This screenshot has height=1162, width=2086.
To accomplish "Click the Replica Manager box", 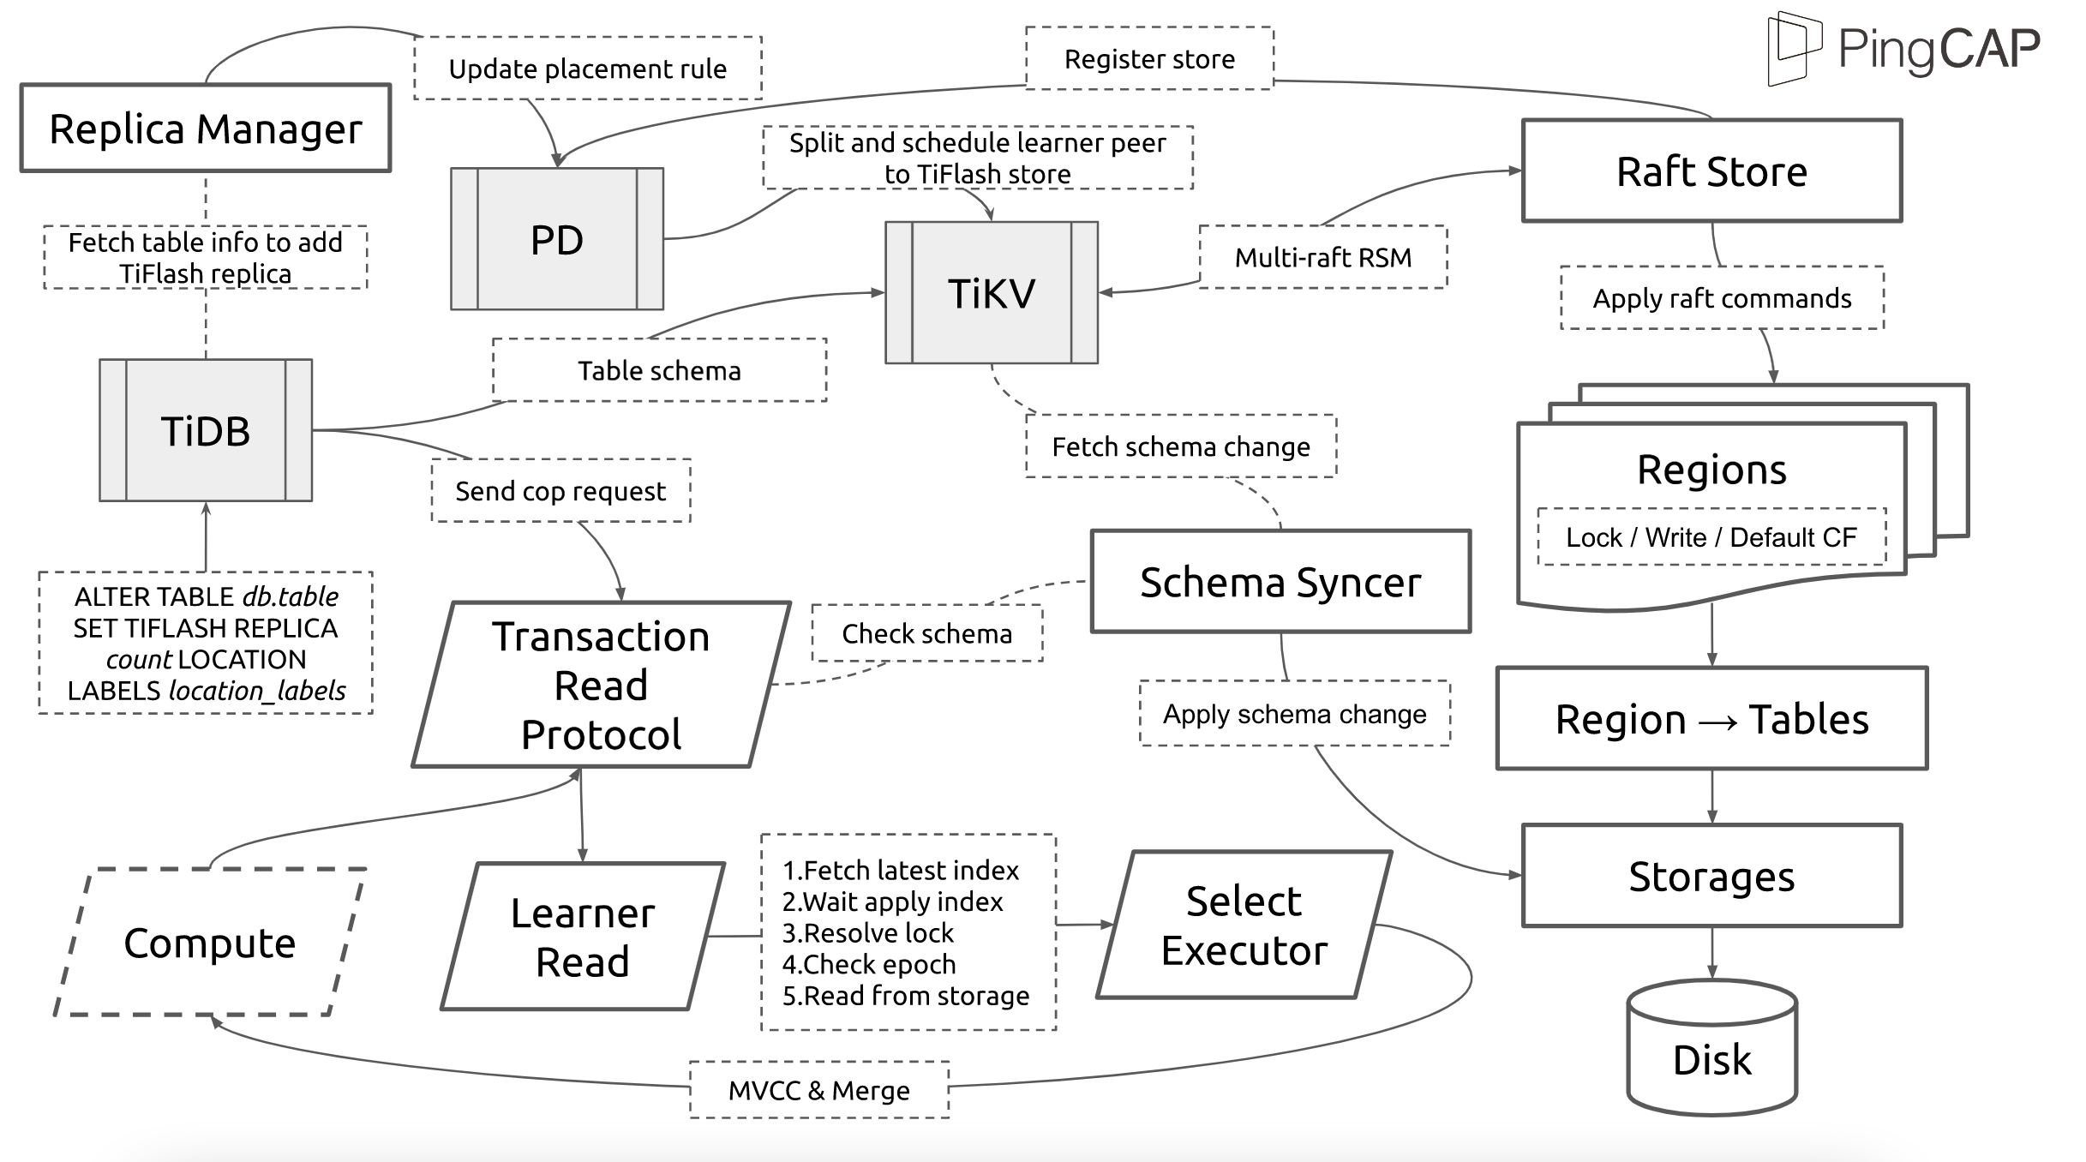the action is coord(206,128).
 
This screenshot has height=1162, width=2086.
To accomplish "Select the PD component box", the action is coord(557,238).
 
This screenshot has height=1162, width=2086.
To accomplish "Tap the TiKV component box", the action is coord(992,292).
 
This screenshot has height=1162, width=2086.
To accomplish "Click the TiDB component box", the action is coord(206,429).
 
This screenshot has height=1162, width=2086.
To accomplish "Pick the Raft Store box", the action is coord(1711,171).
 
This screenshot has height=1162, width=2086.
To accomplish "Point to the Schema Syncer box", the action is coord(1280,581).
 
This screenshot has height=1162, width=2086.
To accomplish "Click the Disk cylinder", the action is coord(1711,1047).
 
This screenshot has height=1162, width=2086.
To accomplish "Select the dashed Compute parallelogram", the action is coord(210,942).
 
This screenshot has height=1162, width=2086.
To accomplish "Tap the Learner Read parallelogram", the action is coord(583,936).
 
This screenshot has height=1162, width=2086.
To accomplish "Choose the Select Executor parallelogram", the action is coord(1244,925).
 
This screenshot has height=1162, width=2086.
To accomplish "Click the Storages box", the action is coord(1711,876).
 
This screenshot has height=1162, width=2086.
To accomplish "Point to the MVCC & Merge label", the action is coord(819,1090).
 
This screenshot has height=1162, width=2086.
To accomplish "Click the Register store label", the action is coord(1149,58).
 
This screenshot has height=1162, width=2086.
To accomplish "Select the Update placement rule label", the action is coord(588,68).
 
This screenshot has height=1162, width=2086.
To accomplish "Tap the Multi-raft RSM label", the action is coord(1323,257).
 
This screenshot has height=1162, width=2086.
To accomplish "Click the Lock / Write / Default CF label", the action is coord(1711,536).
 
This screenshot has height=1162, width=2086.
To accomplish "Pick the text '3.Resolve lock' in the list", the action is coord(868,932).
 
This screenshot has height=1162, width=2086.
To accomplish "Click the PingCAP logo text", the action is coord(1939,48).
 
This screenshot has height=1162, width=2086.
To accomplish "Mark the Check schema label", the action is coord(927,633).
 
